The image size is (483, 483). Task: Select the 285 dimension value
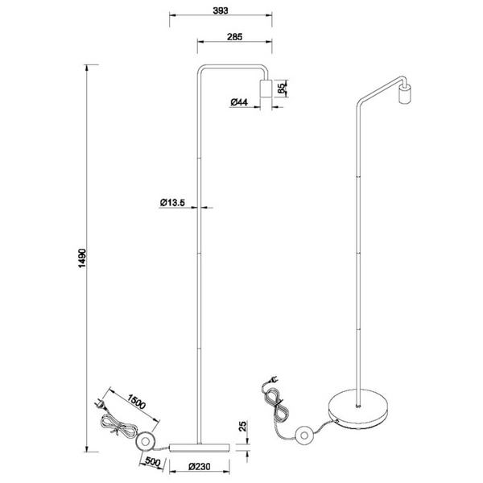(x=235, y=36)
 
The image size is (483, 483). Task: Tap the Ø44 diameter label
(x=237, y=102)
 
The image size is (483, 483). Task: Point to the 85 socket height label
(x=281, y=89)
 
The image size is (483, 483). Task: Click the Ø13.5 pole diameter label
(x=173, y=203)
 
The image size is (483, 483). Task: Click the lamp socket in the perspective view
(x=405, y=93)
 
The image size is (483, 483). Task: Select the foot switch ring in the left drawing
(x=146, y=440)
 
